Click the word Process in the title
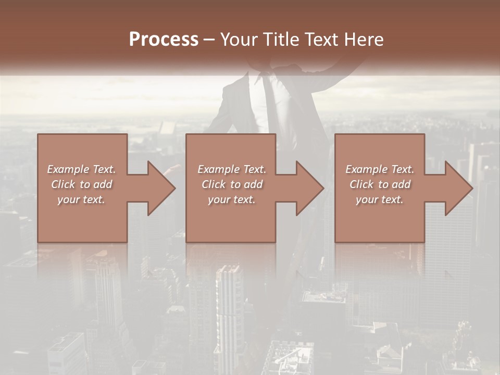coord(164,40)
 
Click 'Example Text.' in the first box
coord(81,169)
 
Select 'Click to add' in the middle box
coord(232,184)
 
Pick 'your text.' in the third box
coord(380,199)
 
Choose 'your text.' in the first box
coord(81,199)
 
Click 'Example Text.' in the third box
coord(380,169)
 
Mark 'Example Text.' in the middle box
coord(232,169)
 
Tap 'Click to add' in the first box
coord(81,184)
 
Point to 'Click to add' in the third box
coord(380,184)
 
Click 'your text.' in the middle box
coord(232,199)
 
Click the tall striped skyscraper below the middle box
coord(229,312)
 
